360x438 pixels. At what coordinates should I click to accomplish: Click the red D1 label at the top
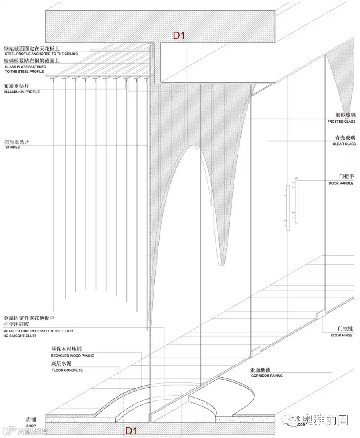[178, 36]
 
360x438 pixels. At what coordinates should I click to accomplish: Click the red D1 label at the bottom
[131, 431]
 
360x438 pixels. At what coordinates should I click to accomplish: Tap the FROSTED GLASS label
[341, 122]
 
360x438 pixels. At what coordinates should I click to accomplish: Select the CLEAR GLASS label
[344, 144]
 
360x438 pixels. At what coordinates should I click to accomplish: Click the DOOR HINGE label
[342, 335]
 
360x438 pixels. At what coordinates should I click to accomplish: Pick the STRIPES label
[12, 147]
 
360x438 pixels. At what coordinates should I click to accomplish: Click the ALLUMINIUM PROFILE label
[22, 92]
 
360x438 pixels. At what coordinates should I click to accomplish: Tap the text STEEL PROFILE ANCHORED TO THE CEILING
[41, 54]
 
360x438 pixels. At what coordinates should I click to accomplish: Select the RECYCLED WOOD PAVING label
[72, 356]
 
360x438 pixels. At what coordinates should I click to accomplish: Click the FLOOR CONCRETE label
[67, 370]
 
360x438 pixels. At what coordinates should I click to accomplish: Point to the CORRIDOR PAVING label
[266, 376]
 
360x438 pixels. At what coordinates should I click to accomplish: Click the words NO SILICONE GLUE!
[20, 336]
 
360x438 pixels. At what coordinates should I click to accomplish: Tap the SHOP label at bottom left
[31, 426]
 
